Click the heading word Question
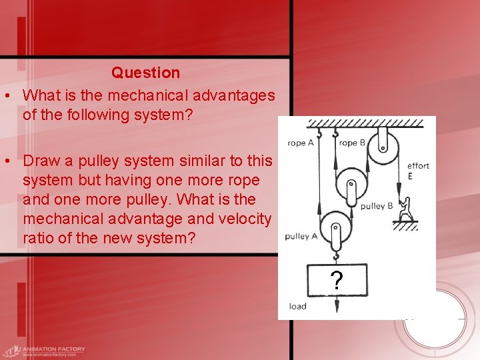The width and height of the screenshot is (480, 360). [145, 73]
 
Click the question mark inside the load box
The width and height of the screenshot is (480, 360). [337, 281]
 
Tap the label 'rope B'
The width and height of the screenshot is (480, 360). [352, 143]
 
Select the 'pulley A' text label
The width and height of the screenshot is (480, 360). [301, 236]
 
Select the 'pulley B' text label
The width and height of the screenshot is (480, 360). [377, 206]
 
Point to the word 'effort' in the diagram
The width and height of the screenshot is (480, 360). [418, 166]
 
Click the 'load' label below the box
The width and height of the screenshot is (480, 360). [297, 307]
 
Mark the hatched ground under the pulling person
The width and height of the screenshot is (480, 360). [405, 225]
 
